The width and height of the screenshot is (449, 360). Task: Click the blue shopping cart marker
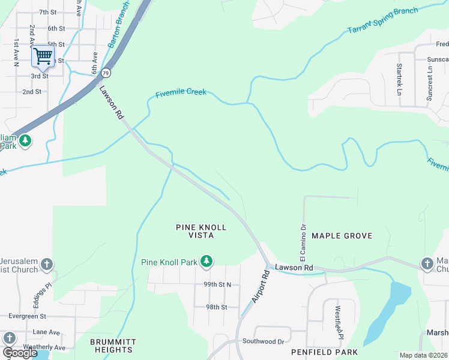pyautogui.click(x=43, y=57)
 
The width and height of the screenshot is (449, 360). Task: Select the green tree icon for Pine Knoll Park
pyautogui.click(x=206, y=261)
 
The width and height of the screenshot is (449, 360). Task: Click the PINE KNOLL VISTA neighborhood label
pyautogui.click(x=201, y=232)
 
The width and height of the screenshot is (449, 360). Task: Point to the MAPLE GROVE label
pyautogui.click(x=342, y=236)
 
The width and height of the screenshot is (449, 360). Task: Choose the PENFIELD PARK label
pyautogui.click(x=324, y=352)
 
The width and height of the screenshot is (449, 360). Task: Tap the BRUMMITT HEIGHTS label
pyautogui.click(x=113, y=346)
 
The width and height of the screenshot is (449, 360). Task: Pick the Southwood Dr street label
pyautogui.click(x=263, y=341)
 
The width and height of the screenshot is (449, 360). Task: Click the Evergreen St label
pyautogui.click(x=23, y=316)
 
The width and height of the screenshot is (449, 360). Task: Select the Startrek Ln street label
pyautogui.click(x=399, y=80)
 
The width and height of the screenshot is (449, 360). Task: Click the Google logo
pyautogui.click(x=20, y=353)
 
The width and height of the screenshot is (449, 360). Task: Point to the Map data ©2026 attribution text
pyautogui.click(x=423, y=355)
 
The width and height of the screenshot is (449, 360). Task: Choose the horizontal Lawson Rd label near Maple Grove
pyautogui.click(x=294, y=267)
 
